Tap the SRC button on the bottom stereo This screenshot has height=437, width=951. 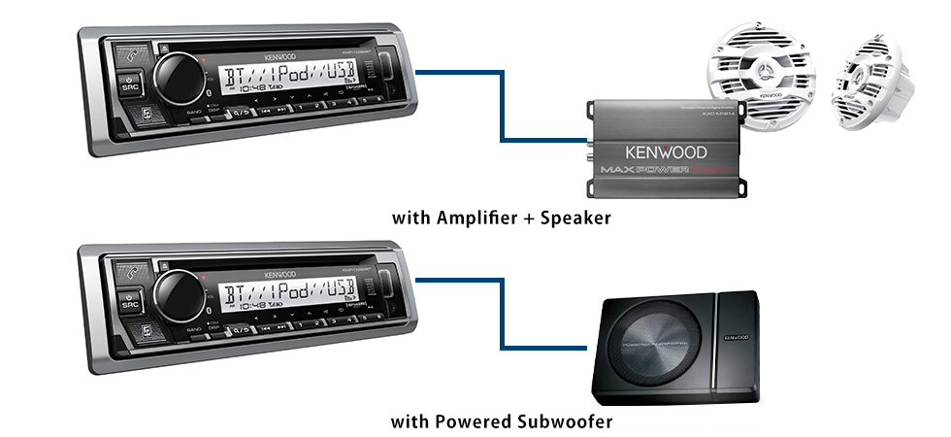coord(129,302)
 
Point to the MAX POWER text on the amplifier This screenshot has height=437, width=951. coord(641,171)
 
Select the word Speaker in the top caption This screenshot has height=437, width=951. coord(576,218)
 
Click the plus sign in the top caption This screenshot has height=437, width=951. coord(531,218)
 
